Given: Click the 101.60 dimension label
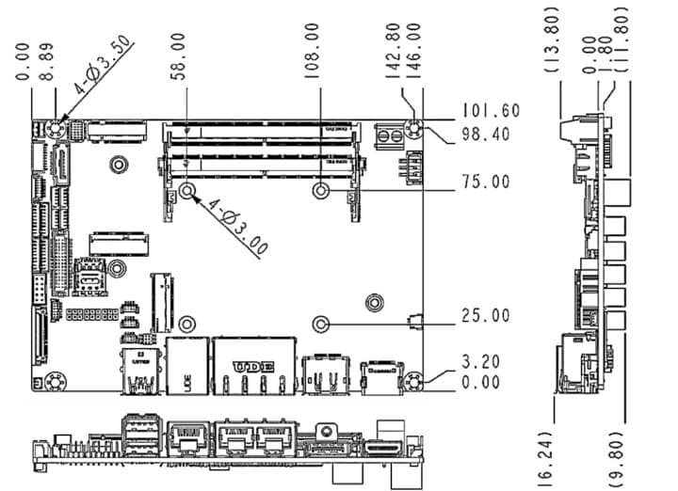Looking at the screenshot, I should point(490,110).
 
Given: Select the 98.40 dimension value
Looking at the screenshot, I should point(486,135).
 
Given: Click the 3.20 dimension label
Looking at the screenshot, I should point(480,360).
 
